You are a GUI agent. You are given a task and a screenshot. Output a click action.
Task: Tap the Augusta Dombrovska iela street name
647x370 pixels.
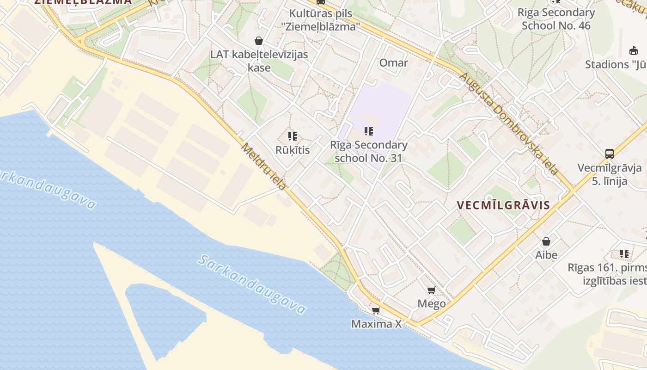tap(509, 123)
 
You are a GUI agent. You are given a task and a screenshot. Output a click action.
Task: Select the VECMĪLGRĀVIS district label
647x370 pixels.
tap(503, 205)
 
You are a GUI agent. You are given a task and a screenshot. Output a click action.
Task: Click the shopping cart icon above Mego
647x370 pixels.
tap(431, 290)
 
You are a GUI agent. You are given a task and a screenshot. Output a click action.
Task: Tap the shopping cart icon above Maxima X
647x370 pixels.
tap(376, 310)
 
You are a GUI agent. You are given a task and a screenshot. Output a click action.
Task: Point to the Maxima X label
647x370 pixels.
tap(376, 324)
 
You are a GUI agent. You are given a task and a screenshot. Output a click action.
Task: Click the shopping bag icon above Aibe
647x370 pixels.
tap(546, 241)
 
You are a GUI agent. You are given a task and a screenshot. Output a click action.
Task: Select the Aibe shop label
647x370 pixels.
tap(546, 255)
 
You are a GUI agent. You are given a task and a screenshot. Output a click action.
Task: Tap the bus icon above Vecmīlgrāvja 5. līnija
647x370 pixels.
tap(610, 154)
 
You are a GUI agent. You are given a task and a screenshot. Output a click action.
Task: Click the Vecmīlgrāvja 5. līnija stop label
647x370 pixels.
tap(609, 174)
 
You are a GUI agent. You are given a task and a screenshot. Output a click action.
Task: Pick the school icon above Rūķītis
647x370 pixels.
tap(292, 136)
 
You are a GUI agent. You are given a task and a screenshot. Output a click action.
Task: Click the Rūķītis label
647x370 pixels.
tap(293, 150)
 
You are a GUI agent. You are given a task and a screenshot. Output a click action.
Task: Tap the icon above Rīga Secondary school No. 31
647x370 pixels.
tap(368, 131)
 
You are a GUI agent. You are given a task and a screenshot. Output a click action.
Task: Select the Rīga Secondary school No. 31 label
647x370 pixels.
tap(368, 151)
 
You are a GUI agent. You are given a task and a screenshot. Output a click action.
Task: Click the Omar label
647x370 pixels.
tap(393, 63)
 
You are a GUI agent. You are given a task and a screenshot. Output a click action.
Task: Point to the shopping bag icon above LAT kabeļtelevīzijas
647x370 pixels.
tap(259, 41)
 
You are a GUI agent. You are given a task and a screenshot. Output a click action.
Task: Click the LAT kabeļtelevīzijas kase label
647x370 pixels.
tap(259, 61)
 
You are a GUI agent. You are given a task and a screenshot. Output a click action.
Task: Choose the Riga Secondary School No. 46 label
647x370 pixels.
tap(556, 19)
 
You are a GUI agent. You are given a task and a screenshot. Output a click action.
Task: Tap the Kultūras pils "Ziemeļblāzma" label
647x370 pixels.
tap(320, 20)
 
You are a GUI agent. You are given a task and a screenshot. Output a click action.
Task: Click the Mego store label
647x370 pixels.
tap(432, 303)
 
